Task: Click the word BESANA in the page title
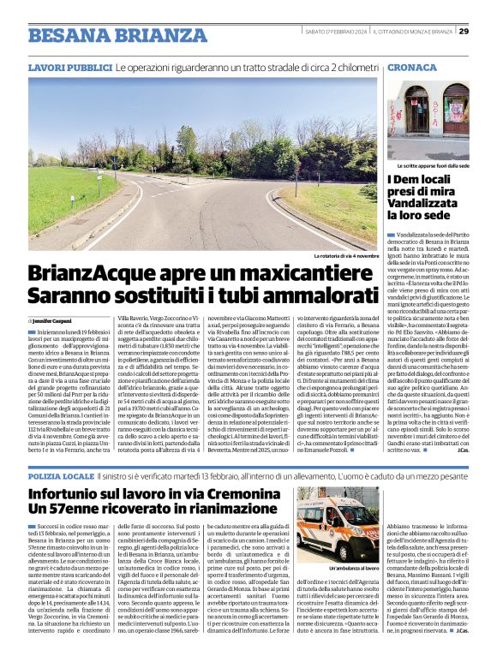click(x=68, y=35)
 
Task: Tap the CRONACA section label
click(x=412, y=67)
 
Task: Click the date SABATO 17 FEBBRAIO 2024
click(x=336, y=32)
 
